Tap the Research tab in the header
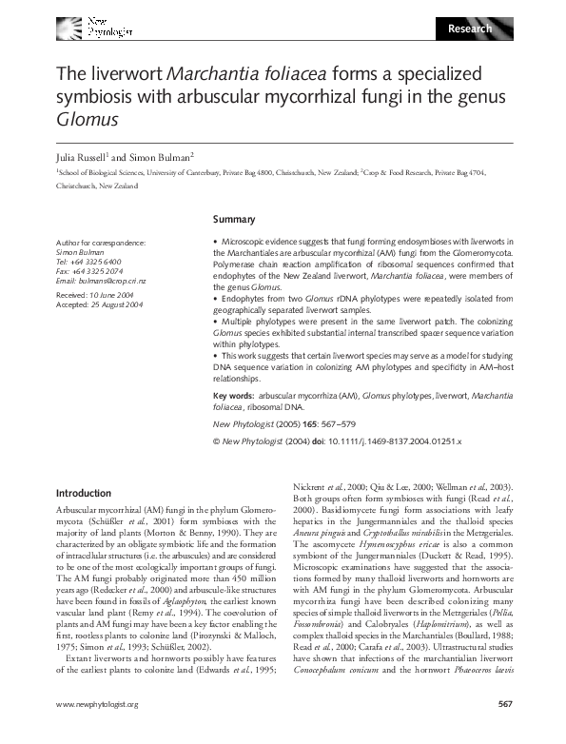(470, 29)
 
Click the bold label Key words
(233, 394)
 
